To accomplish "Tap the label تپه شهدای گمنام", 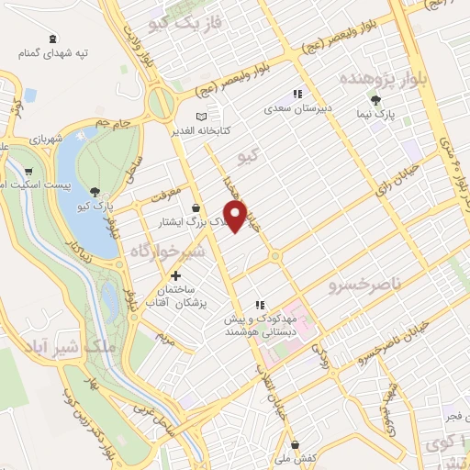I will tap(55, 53).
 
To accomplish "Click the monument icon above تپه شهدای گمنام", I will tap(54, 38).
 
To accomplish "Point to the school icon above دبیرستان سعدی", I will tap(296, 94).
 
